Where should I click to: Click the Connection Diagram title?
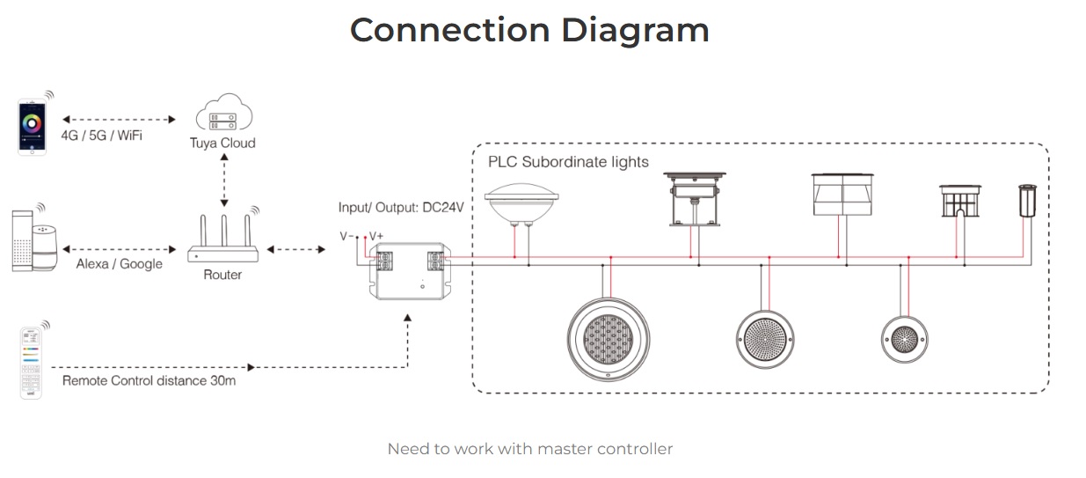[529, 30]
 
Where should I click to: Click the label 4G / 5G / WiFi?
[102, 136]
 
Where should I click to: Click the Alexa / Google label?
[119, 263]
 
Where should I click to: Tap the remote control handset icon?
[32, 362]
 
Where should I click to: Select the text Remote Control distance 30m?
[149, 381]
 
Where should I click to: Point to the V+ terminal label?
[375, 236]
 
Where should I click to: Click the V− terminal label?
[347, 236]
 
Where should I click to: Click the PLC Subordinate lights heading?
[568, 162]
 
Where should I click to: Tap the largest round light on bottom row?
[608, 339]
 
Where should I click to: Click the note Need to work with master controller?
[529, 449]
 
